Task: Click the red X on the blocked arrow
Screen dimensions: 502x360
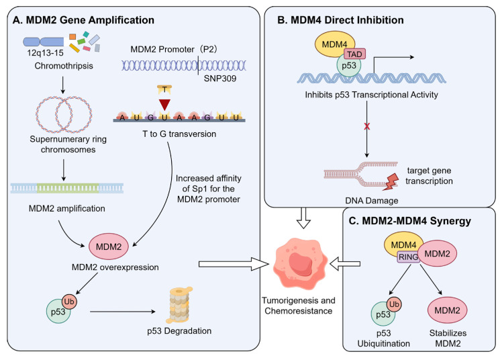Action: click(367, 126)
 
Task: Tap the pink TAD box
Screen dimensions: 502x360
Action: click(355, 54)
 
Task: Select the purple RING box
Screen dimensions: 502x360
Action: click(409, 257)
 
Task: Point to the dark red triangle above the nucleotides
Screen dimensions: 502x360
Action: click(164, 105)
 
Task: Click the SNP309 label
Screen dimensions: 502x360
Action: click(220, 79)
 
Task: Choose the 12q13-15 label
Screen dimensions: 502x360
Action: click(45, 53)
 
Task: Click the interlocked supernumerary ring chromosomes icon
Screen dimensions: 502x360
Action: click(64, 114)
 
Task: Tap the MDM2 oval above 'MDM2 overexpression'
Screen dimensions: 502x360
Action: click(109, 246)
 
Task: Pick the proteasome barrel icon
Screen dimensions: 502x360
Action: click(179, 305)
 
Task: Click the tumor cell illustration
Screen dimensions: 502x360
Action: click(300, 264)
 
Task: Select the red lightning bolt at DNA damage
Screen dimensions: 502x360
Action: click(391, 182)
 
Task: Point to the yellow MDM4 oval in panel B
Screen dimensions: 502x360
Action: click(335, 44)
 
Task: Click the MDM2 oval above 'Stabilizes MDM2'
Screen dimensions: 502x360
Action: click(447, 310)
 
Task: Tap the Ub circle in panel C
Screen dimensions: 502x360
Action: click(394, 304)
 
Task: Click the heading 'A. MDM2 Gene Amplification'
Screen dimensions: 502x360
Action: click(83, 20)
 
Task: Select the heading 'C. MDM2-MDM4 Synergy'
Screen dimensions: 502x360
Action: click(410, 221)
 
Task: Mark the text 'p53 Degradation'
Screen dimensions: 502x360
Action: click(179, 331)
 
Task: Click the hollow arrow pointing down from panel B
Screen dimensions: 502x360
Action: click(303, 218)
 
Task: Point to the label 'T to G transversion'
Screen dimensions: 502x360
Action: click(179, 134)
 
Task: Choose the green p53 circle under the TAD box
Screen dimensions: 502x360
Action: click(348, 66)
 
